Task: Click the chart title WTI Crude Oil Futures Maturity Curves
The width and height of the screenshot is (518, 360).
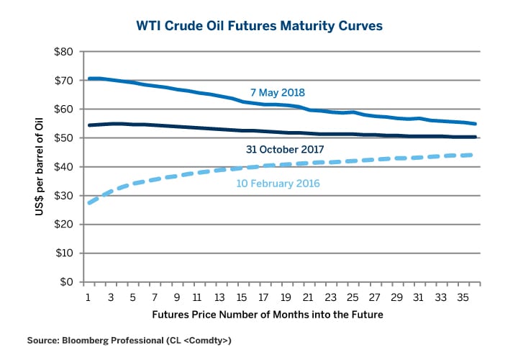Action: click(x=259, y=26)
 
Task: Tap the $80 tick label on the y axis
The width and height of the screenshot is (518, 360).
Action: click(x=63, y=52)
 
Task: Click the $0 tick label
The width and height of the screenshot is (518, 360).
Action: click(x=66, y=282)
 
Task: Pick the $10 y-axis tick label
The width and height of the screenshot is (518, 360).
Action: click(x=63, y=253)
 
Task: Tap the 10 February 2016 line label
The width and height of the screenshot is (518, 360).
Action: click(x=277, y=184)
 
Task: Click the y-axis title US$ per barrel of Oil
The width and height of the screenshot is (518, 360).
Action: click(x=38, y=167)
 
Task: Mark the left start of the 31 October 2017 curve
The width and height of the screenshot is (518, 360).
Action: click(x=88, y=125)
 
